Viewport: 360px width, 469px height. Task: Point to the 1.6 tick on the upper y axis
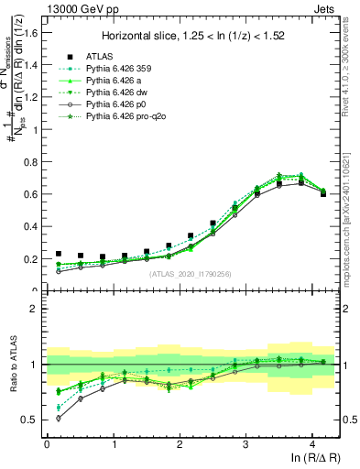(32, 32)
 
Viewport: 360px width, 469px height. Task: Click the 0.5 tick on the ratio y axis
(32, 420)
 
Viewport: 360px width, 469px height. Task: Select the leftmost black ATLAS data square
(59, 254)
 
